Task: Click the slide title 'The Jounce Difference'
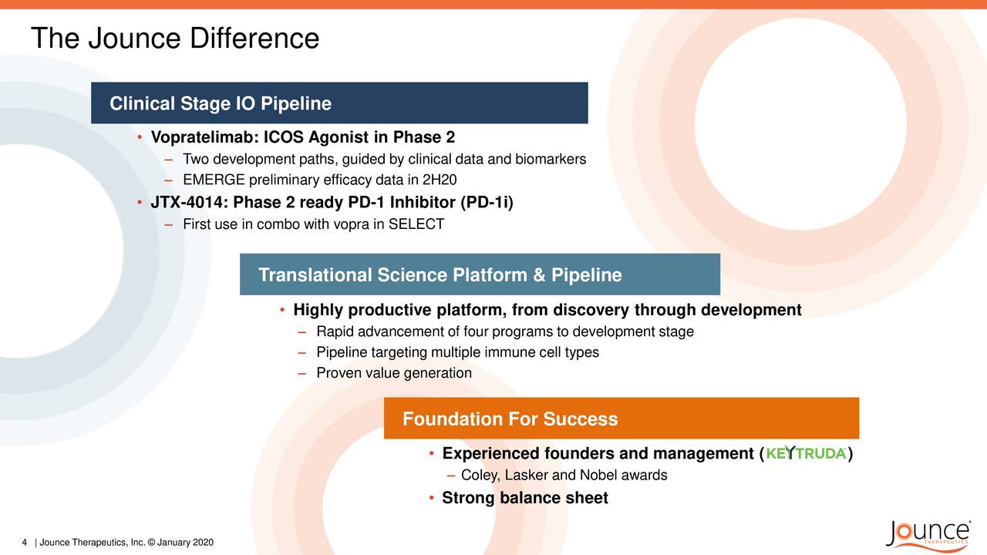tap(174, 39)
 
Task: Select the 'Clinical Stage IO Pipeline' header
tap(221, 103)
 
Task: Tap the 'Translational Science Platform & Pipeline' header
tap(440, 275)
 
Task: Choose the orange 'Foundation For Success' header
tap(510, 419)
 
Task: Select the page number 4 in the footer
tap(25, 543)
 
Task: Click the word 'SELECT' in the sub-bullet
tap(416, 224)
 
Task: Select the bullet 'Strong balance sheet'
tap(524, 498)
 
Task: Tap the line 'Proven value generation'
tap(393, 373)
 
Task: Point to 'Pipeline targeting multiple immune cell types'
tap(457, 352)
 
